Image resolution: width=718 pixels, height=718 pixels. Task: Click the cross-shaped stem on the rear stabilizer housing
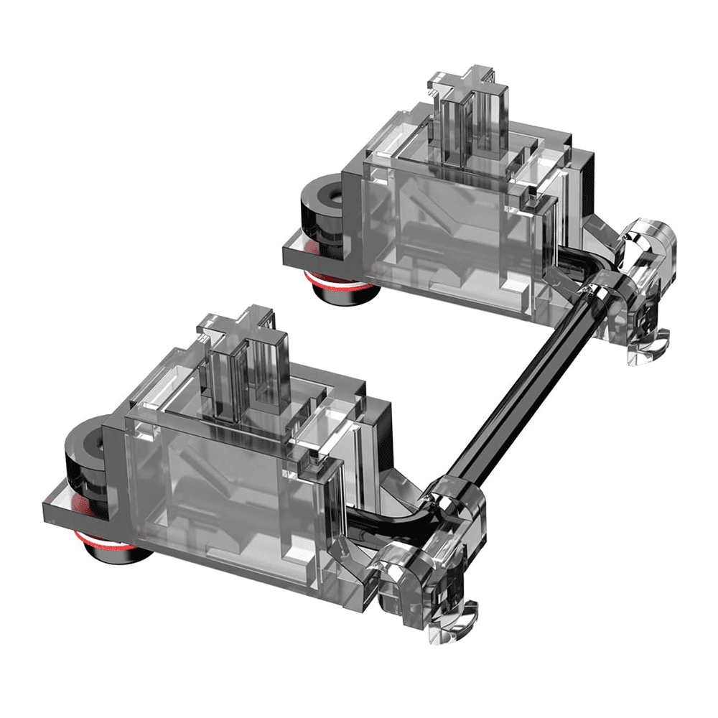tap(474, 108)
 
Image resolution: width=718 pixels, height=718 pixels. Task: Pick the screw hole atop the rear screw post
tap(323, 192)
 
